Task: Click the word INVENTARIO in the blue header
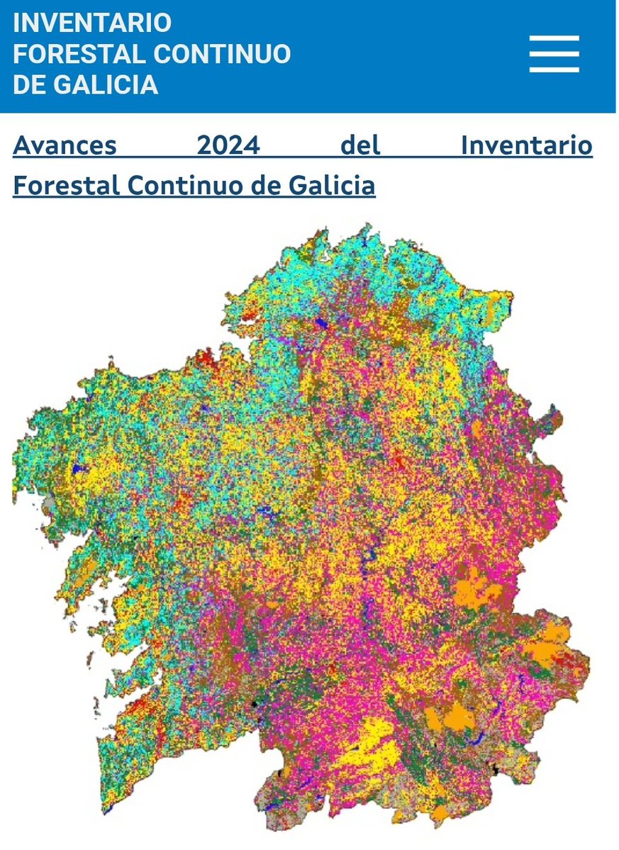(92, 23)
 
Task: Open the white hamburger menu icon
(554, 54)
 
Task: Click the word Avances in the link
(65, 146)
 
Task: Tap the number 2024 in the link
(228, 146)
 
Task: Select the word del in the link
(360, 146)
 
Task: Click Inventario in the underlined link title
(526, 146)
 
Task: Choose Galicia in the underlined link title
(333, 186)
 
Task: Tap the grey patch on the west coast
(48, 505)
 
